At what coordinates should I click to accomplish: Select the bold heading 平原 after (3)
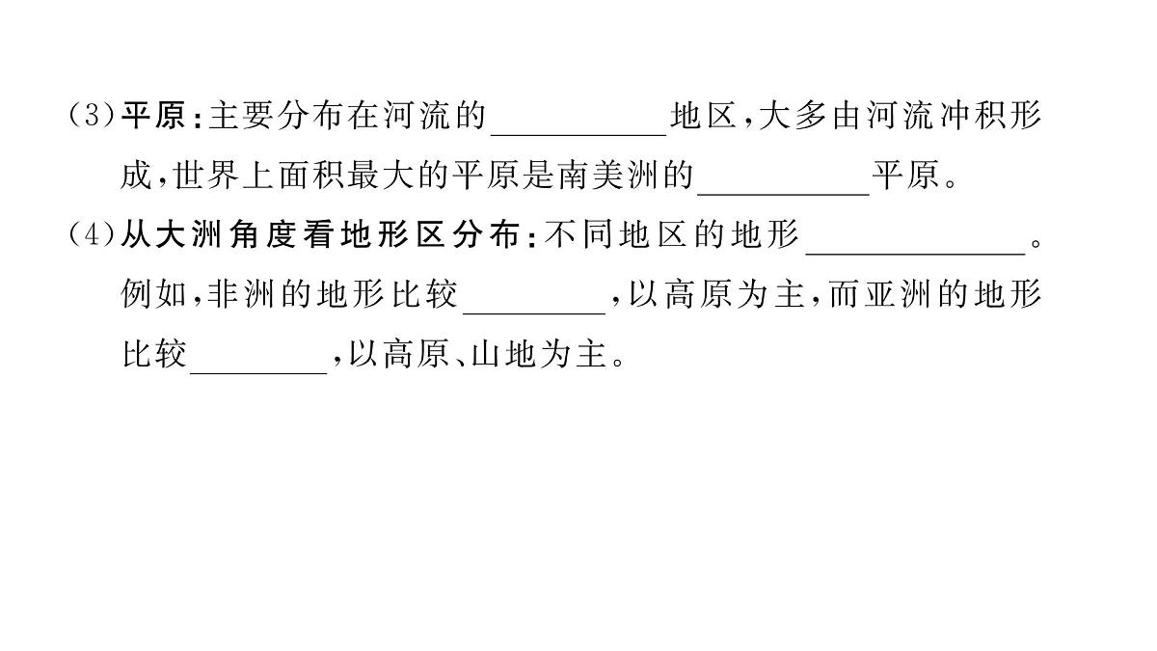pos(151,118)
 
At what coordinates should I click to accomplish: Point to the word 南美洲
pos(605,177)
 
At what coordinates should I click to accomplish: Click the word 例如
pos(151,296)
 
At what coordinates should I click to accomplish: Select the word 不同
pos(578,236)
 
